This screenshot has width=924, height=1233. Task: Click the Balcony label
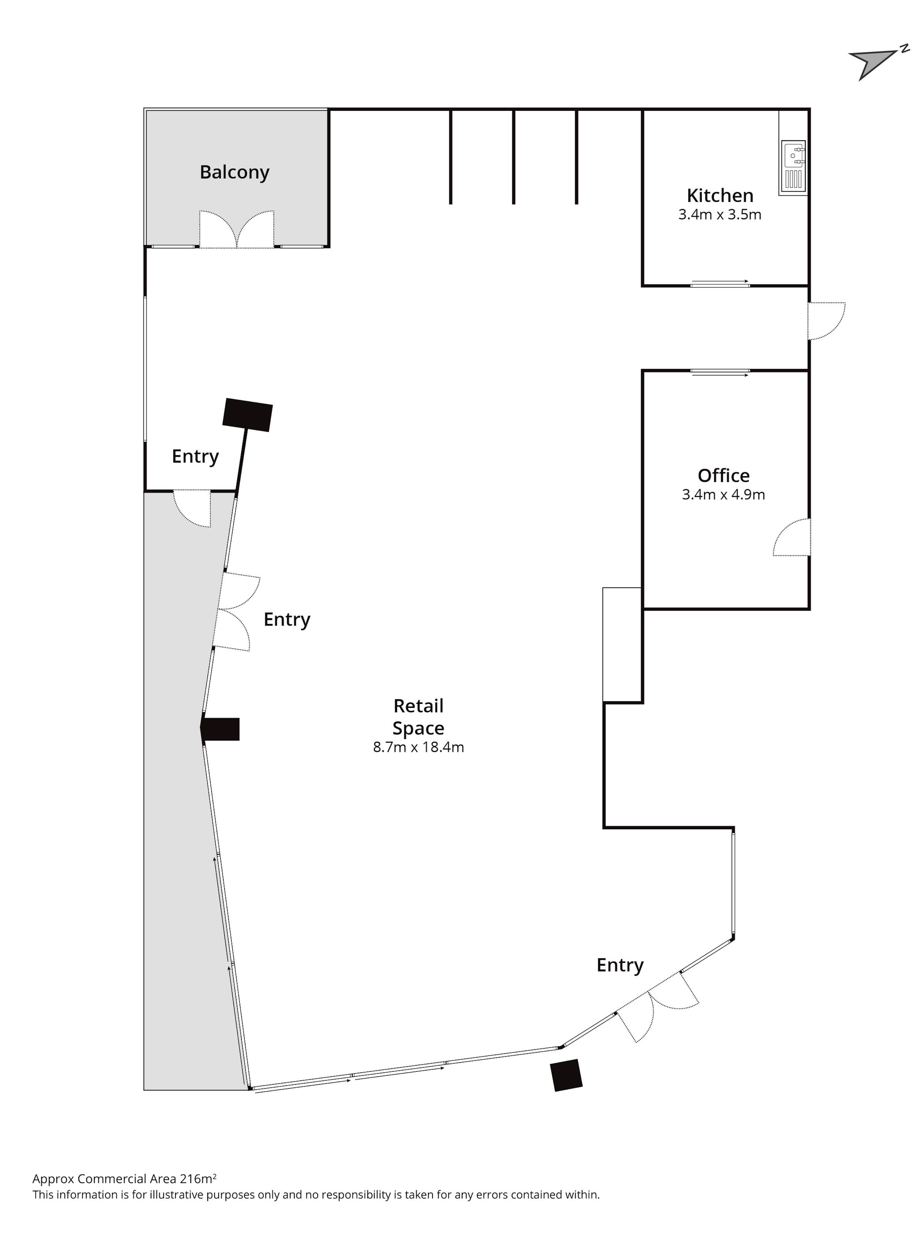tap(234, 172)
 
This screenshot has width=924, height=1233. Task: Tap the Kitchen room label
tap(719, 195)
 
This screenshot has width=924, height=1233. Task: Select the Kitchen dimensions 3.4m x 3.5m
tap(719, 215)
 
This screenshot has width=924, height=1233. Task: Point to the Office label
tap(723, 475)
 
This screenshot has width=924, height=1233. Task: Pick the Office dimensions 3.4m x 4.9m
tap(723, 494)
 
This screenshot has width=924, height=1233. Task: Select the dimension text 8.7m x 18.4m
tap(418, 747)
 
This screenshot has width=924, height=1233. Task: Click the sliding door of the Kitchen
tap(720, 284)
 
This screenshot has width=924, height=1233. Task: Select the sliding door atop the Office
tap(720, 372)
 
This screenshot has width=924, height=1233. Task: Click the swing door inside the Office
tap(792, 537)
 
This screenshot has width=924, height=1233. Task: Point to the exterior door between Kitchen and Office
tap(826, 321)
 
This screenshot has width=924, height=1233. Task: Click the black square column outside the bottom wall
tap(566, 1075)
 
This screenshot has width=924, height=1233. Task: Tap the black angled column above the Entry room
tap(247, 415)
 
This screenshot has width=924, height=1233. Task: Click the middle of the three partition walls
tap(513, 157)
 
